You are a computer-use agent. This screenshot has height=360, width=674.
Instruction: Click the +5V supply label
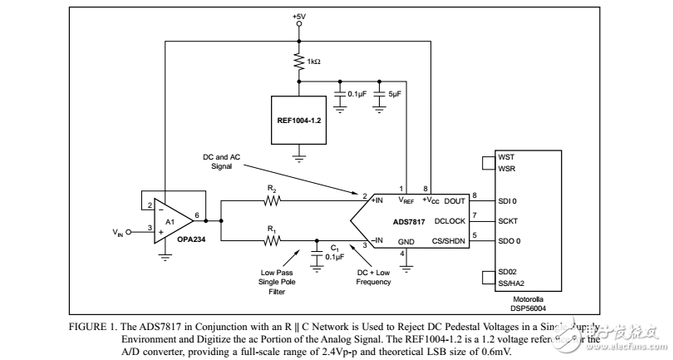(299, 16)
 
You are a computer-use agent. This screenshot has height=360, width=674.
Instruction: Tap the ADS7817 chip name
(410, 221)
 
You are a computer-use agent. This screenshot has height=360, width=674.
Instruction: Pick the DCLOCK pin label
(450, 220)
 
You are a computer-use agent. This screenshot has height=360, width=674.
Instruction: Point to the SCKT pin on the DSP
(509, 220)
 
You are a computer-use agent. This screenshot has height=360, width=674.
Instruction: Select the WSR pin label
(505, 170)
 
